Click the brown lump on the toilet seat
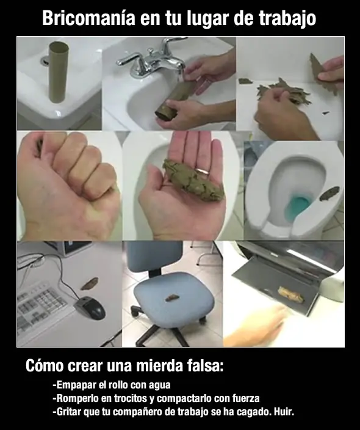tap(329, 194)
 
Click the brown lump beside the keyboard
tap(89, 283)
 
